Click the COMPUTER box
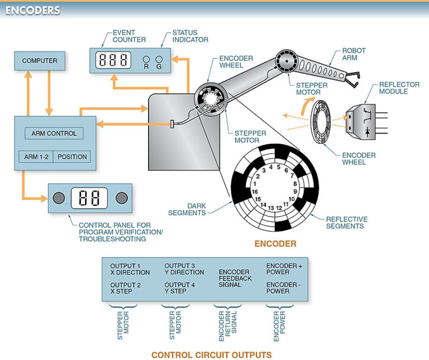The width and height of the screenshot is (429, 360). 40,60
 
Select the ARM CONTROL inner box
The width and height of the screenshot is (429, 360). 54,134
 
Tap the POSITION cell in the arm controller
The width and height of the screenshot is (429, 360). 72,157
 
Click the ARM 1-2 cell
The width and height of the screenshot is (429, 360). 35,157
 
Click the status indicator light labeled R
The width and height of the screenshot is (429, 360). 145,59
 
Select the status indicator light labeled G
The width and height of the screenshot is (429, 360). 159,59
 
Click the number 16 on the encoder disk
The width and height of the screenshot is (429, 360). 255,191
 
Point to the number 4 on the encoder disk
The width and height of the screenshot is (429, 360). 270,167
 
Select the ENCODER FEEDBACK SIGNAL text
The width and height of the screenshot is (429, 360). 235,278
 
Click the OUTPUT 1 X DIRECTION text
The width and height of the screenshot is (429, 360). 130,269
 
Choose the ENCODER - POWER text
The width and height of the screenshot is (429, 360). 285,288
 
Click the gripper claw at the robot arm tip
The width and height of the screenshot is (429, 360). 351,79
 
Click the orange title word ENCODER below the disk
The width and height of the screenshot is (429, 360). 275,244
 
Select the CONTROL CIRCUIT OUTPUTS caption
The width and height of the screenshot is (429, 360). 212,354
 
